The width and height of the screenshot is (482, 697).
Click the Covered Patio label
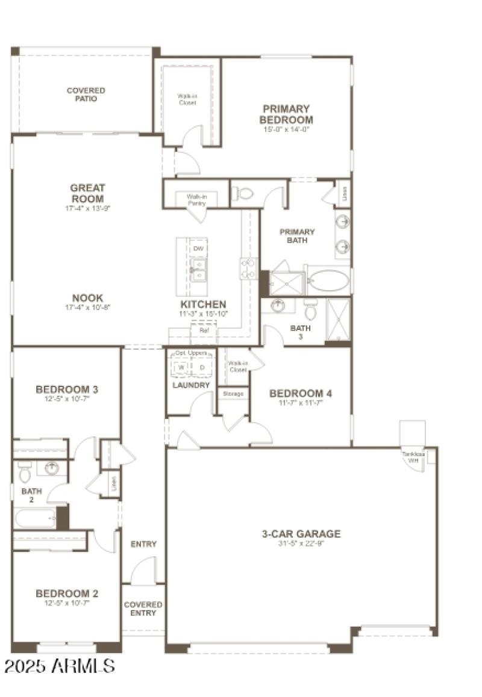click(86, 94)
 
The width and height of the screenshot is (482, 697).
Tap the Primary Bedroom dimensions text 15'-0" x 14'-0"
click(286, 129)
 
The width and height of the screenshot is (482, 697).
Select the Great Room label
click(87, 193)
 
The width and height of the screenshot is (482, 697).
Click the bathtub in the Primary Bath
click(328, 280)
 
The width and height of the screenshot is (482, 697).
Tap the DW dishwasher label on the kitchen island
click(198, 248)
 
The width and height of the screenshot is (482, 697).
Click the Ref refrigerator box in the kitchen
click(204, 330)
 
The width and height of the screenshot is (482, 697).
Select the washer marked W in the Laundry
click(180, 367)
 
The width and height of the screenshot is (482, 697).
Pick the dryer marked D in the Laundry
click(202, 367)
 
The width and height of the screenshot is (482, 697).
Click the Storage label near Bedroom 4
click(233, 394)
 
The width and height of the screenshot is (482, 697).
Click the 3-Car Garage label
click(301, 534)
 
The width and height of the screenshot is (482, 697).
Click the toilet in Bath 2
click(25, 474)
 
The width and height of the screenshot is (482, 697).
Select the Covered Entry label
click(143, 609)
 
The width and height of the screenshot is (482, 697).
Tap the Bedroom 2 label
click(67, 593)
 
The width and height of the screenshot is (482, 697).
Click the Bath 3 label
click(300, 332)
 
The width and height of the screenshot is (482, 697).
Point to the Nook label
click(87, 298)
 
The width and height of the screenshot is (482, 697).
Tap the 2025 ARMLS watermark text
click(59, 666)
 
